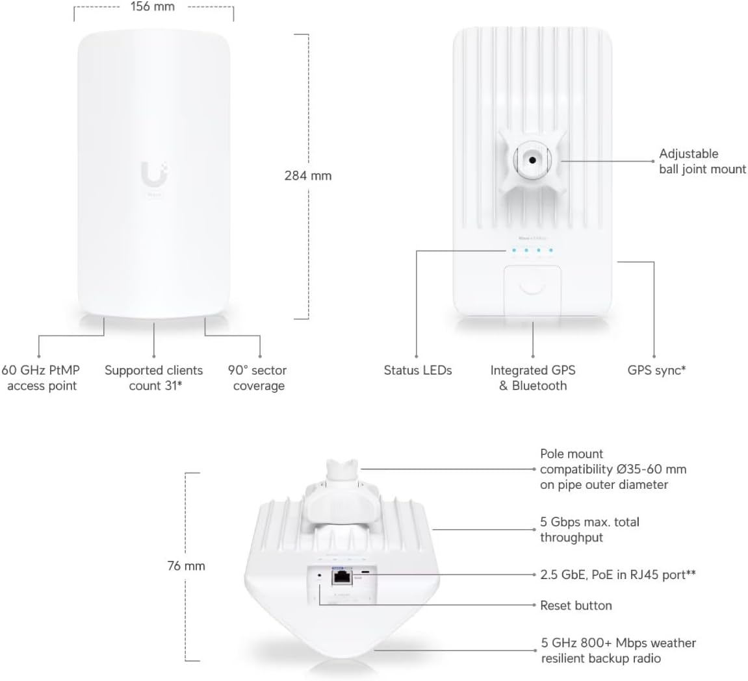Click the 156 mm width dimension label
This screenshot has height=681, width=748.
tap(152, 7)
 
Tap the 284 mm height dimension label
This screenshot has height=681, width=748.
tap(308, 175)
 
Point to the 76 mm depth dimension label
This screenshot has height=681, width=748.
tap(186, 566)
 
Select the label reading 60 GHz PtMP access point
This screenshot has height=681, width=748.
tap(41, 378)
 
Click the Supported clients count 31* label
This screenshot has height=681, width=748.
tap(154, 378)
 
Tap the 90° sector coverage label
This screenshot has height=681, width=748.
tap(258, 378)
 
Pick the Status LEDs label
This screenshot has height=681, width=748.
tap(418, 370)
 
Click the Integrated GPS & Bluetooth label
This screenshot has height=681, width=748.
tap(533, 378)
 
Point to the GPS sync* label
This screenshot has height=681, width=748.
tap(657, 370)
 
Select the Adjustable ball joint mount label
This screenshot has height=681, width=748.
tap(702, 161)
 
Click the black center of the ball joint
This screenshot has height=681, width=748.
tap(533, 158)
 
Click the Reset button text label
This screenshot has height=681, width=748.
tap(576, 605)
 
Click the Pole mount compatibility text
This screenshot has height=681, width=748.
tap(613, 469)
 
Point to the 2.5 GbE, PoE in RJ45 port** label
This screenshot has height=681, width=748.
tap(618, 574)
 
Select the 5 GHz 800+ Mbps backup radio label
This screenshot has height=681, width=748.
tap(618, 650)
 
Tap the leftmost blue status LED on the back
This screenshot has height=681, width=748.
tap(513, 250)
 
